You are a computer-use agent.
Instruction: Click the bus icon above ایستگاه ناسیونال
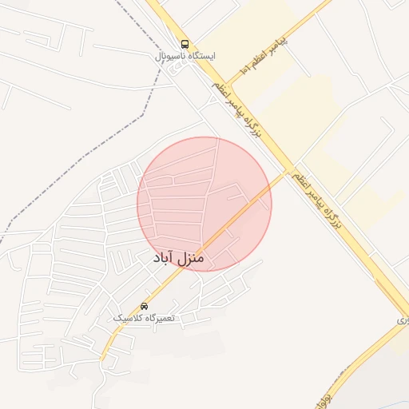pyautogui.click(x=185, y=45)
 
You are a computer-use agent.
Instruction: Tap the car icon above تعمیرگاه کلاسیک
pyautogui.click(x=144, y=306)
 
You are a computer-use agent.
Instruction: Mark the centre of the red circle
pyautogui.click(x=204, y=204)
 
